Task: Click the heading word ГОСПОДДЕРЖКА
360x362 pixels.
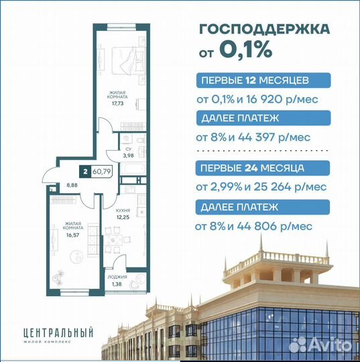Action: pyautogui.click(x=265, y=29)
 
